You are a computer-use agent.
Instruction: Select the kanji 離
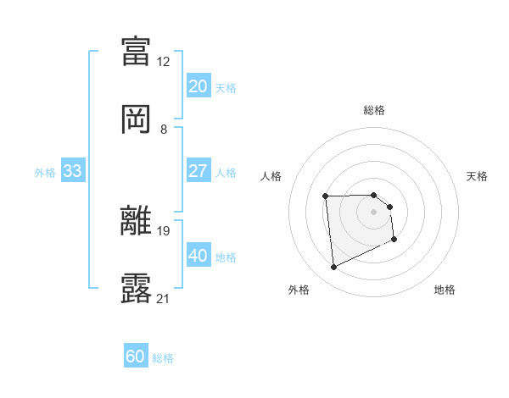coord(137,220)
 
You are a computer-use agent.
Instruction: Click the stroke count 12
coord(164,62)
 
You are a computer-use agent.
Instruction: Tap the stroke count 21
coord(164,299)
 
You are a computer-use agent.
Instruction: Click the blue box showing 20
coord(198,86)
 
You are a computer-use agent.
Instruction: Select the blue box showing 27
coord(198,171)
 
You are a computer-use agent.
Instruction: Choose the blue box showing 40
coord(198,256)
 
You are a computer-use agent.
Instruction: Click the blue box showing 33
coord(72,171)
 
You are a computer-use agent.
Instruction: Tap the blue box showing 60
coord(135,357)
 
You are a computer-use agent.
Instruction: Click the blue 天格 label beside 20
coord(226,87)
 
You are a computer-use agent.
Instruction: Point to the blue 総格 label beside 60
coord(163,358)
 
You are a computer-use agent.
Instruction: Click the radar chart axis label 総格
coord(374,111)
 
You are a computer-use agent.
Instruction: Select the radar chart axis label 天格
coord(478,176)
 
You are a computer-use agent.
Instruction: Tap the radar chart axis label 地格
coord(445,290)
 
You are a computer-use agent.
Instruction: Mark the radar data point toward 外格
coord(333,268)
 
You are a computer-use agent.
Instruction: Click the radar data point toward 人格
coord(326,196)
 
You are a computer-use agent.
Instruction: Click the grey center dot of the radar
coord(374,212)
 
